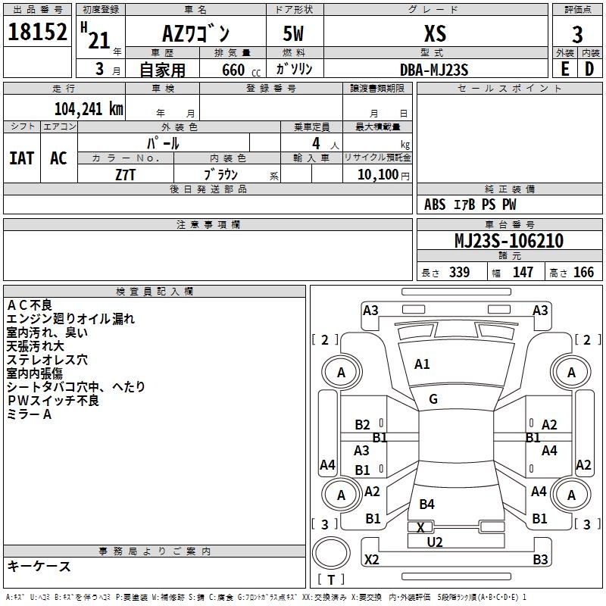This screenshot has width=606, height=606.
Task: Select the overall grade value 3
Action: coord(577,34)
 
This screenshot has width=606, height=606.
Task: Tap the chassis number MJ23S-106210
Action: coord(509,241)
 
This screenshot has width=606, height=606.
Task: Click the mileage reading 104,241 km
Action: coord(89,108)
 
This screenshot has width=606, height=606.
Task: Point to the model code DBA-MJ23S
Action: coord(435,70)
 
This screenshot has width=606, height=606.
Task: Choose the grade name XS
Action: coord(435,33)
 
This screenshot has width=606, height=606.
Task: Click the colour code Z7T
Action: coord(126,173)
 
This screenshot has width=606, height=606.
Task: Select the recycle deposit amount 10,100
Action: coord(376,174)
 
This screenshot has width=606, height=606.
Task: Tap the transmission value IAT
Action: coord(21,158)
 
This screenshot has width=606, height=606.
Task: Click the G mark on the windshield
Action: coord(433,399)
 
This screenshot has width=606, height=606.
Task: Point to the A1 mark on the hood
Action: coord(422,364)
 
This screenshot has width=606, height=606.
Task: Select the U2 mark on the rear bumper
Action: coord(435,542)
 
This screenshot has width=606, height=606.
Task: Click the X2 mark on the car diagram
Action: coord(372,560)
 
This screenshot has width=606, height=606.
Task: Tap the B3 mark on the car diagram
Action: coord(540,560)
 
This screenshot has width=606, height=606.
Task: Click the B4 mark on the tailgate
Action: coord(427,504)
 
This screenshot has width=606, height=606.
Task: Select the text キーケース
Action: coord(39,567)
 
